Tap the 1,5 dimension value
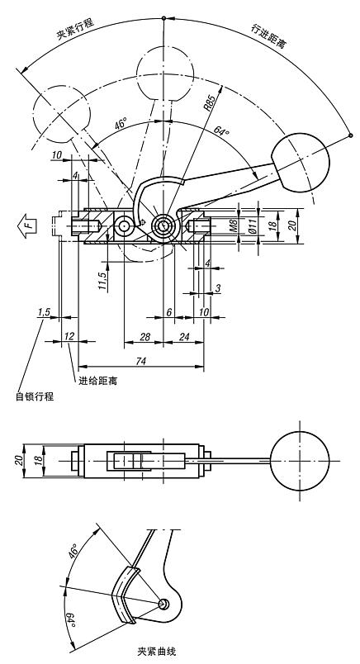coord(45,311)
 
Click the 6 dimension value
coord(168,311)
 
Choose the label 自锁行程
coord(34,397)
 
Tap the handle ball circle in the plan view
coord(299,461)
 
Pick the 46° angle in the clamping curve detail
coord(74,553)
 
